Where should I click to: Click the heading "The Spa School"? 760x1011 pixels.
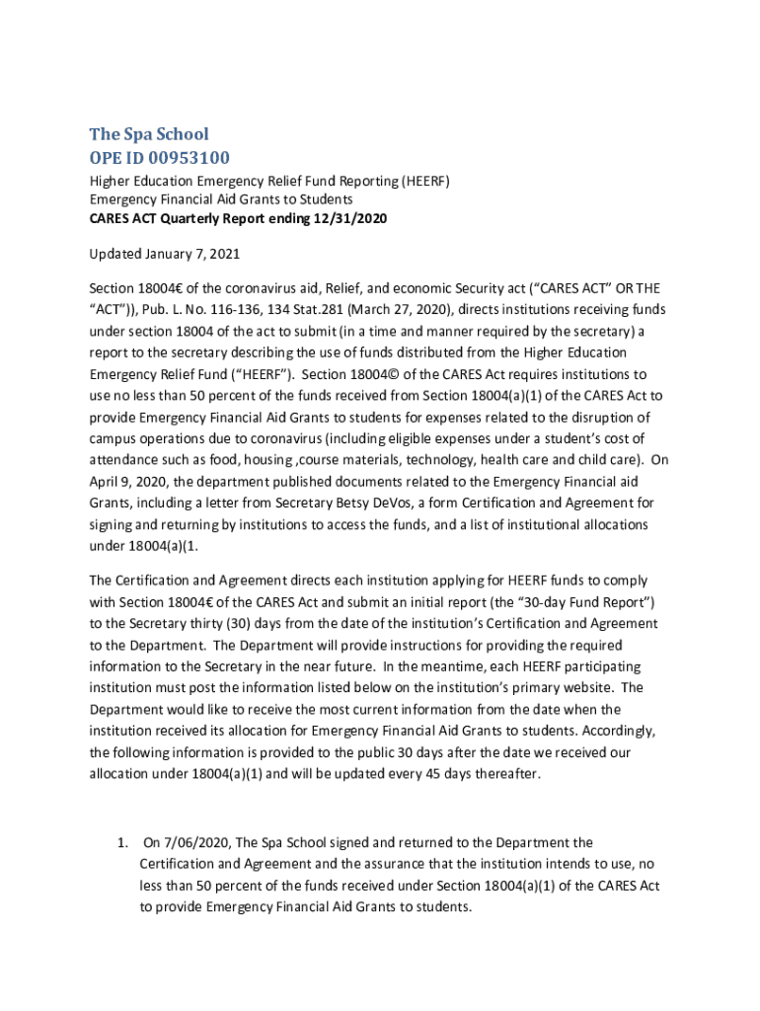(x=149, y=134)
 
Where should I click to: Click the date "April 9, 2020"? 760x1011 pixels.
(x=126, y=482)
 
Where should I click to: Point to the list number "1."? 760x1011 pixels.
(x=122, y=843)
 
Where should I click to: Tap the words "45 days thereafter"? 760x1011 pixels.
(x=485, y=774)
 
